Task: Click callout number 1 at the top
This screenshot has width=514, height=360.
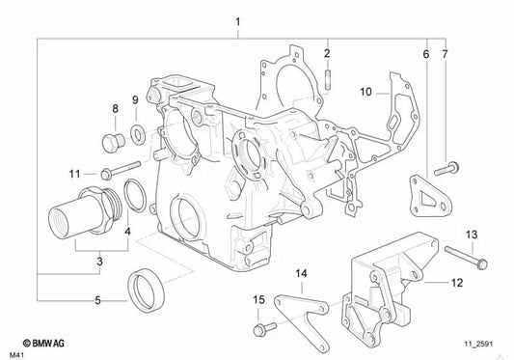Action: coord(238,21)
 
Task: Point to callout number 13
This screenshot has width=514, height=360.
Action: coord(472,235)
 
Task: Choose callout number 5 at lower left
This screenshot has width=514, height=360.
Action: coord(97,301)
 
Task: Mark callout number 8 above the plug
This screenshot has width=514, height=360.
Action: coord(115,109)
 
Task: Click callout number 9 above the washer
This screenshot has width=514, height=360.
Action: coord(135,99)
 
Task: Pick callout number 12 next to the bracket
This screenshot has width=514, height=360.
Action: coord(457,283)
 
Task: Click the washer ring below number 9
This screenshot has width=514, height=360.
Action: coord(136,130)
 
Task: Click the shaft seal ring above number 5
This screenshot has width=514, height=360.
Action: coord(146,286)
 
